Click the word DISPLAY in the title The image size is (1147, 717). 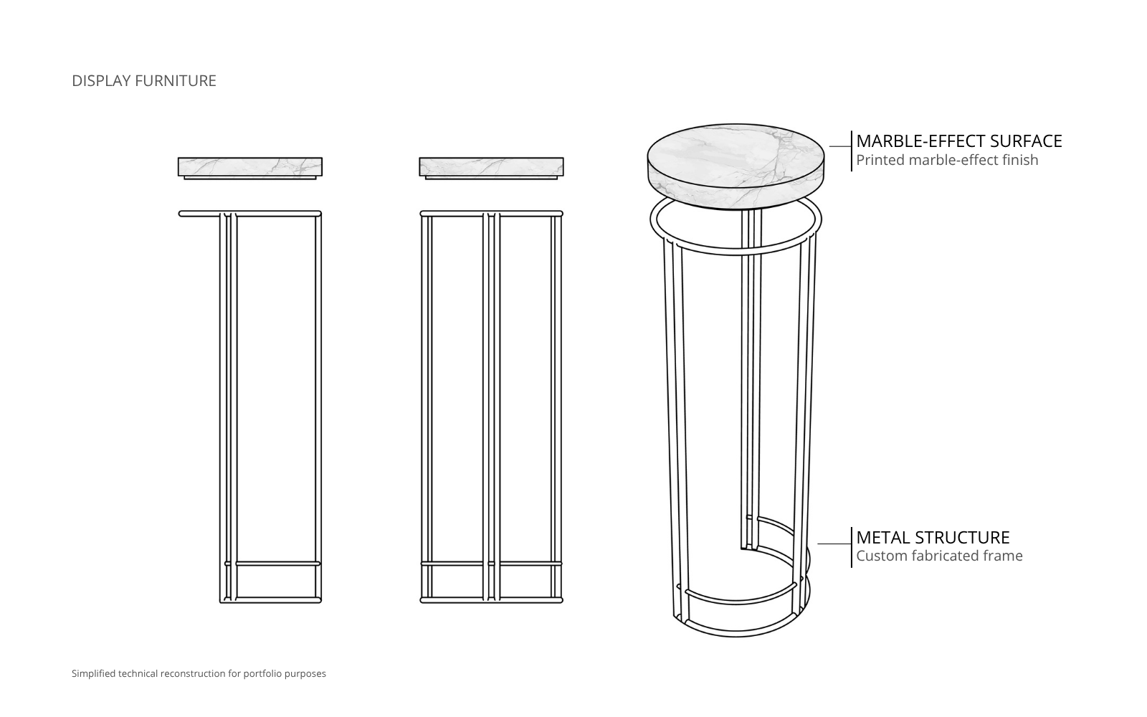tap(101, 81)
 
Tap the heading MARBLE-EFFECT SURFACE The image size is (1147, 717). tap(959, 141)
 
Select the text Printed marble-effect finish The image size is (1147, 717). tap(947, 160)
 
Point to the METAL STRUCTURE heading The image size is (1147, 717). tap(933, 537)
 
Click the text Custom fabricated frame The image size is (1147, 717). tap(939, 556)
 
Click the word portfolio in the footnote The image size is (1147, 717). tap(262, 673)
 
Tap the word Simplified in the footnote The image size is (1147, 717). tap(94, 673)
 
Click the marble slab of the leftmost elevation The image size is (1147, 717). tap(250, 166)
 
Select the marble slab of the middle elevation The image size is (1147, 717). tap(491, 166)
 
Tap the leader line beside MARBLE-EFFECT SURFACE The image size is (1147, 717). tap(840, 146)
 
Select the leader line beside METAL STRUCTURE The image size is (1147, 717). tap(834, 543)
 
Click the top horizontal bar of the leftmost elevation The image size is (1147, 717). tap(250, 214)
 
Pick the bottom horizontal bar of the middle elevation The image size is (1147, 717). tap(491, 600)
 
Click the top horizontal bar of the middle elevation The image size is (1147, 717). tap(491, 214)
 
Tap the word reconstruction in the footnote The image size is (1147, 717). tap(193, 673)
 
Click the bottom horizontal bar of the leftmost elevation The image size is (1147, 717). tap(270, 599)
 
